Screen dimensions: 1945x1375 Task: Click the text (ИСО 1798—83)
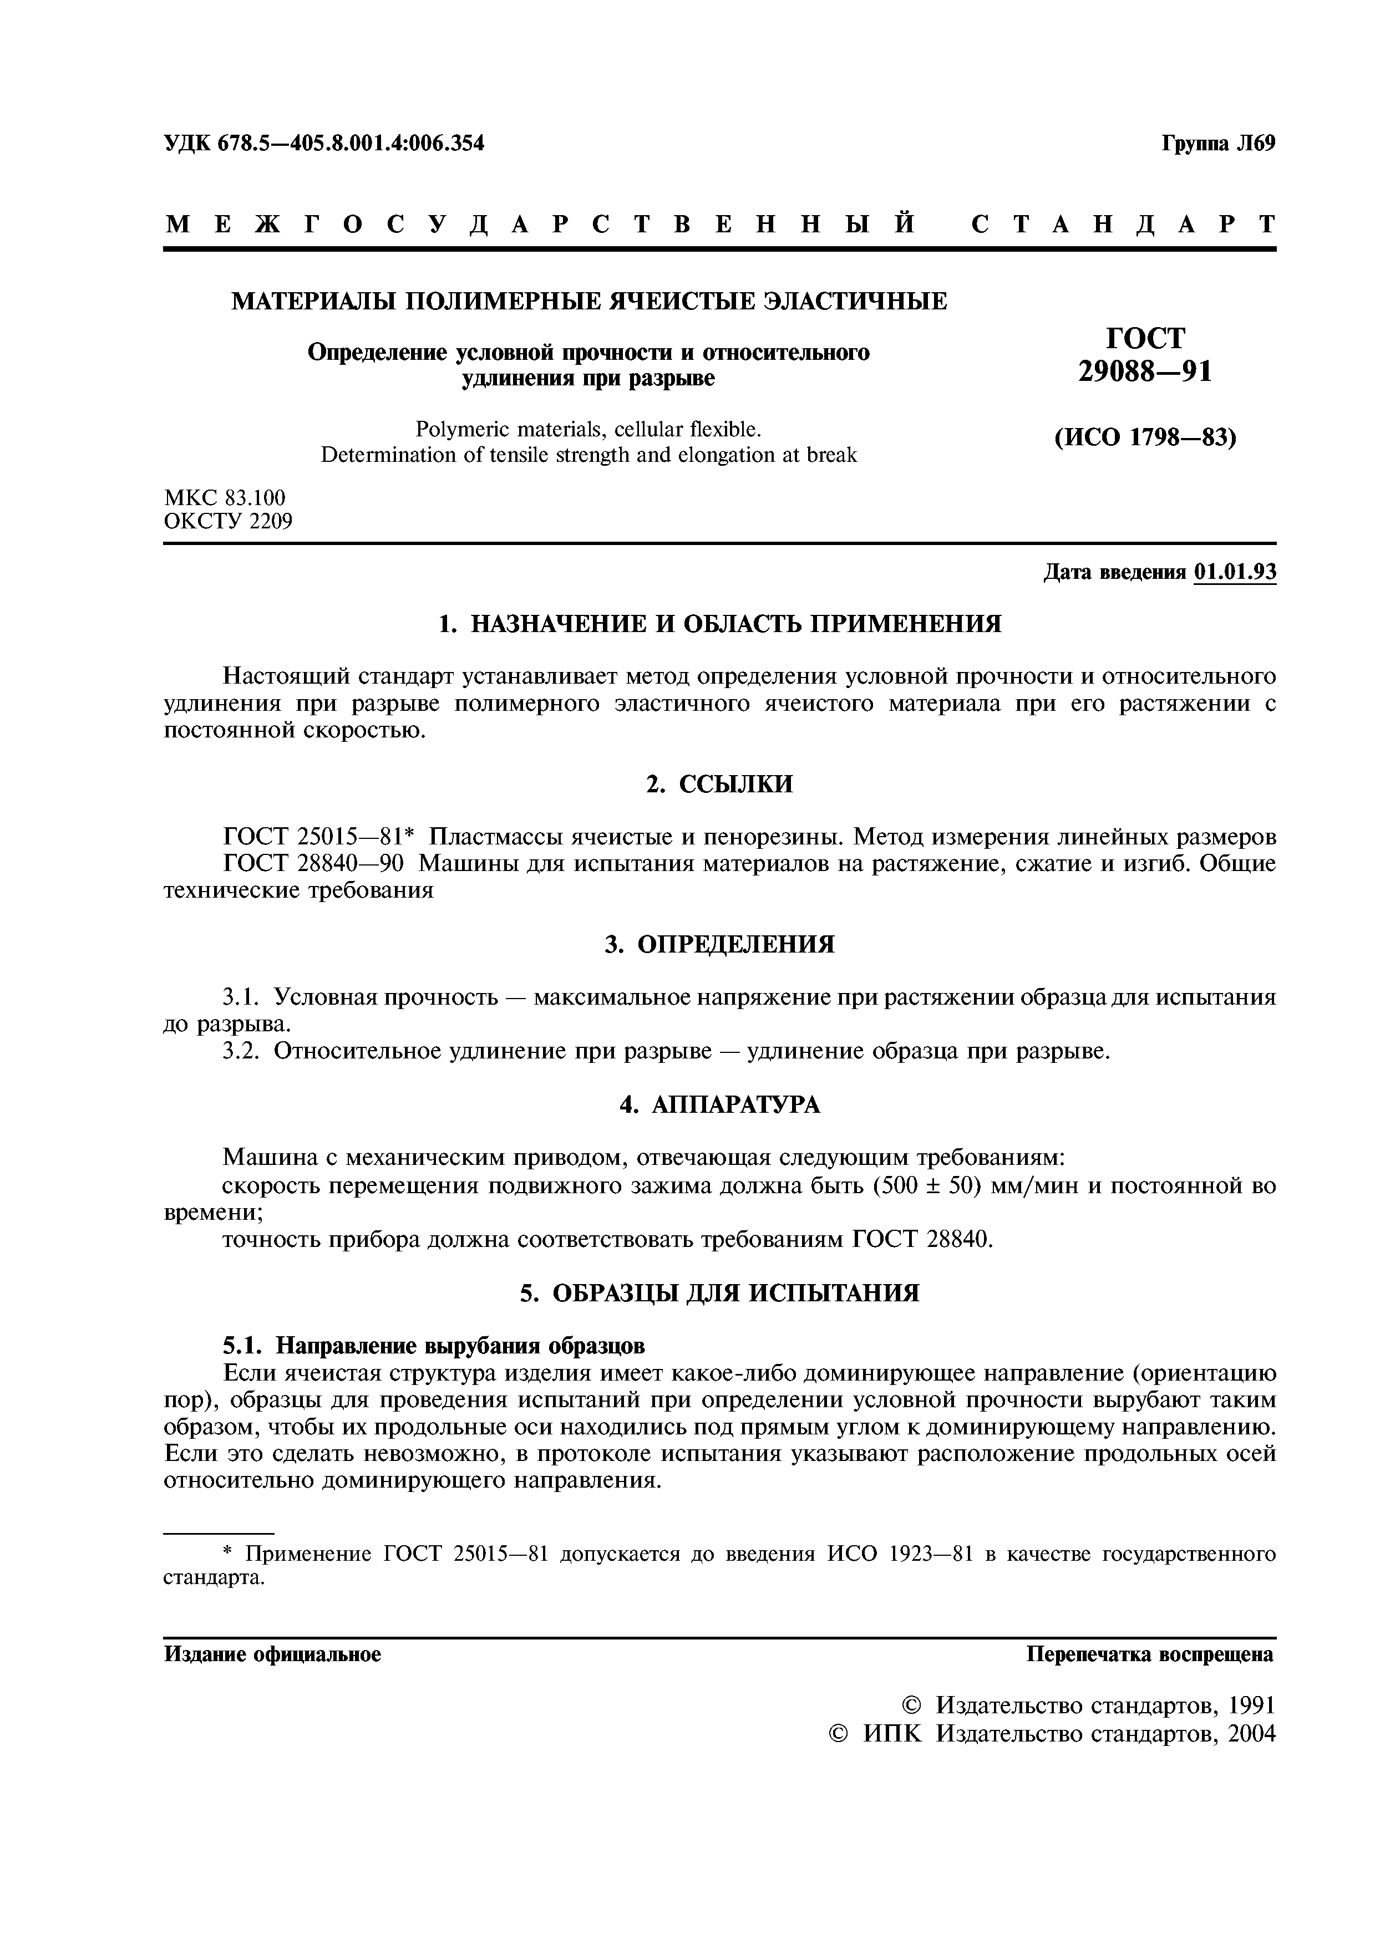click(1145, 438)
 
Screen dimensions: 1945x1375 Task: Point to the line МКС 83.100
click(225, 497)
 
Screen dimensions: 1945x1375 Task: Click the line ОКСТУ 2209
click(228, 521)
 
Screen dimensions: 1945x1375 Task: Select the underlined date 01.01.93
click(1234, 573)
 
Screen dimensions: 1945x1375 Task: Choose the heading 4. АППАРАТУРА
click(719, 1104)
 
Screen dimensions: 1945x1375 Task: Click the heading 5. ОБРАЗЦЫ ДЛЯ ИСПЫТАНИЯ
click(719, 1293)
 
